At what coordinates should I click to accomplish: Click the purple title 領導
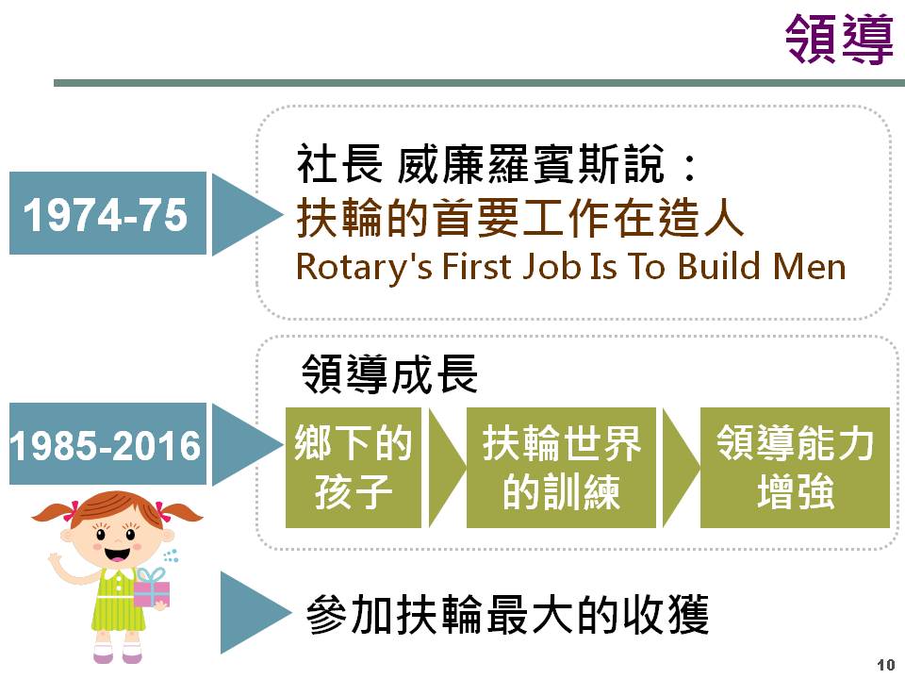click(839, 39)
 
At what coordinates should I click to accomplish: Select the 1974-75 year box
click(107, 213)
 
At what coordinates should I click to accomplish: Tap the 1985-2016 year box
click(107, 443)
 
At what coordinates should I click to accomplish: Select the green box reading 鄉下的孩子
click(354, 468)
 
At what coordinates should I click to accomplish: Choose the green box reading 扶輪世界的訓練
click(561, 468)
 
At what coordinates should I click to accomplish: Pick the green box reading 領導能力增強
click(795, 468)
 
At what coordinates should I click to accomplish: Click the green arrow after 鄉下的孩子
click(446, 468)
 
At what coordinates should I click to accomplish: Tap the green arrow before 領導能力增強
click(681, 468)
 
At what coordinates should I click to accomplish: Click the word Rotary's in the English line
click(364, 268)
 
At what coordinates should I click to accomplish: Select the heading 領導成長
click(389, 373)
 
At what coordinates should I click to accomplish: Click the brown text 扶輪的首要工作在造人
click(520, 217)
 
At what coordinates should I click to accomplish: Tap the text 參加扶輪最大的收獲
click(507, 614)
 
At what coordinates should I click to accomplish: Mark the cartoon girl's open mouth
click(117, 555)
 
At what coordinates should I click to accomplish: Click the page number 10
click(886, 665)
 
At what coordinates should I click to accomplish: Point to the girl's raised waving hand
click(56, 560)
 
